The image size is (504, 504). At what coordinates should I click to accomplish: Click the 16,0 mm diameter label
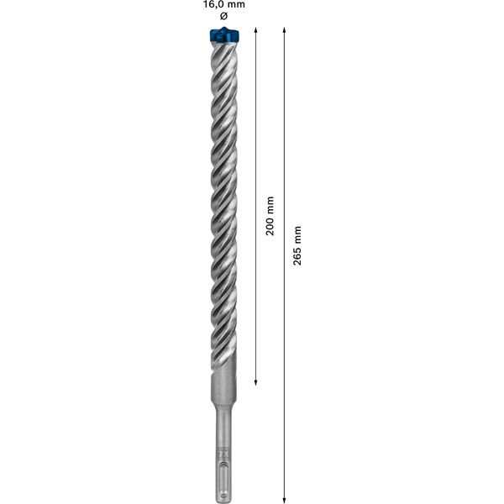click(223, 5)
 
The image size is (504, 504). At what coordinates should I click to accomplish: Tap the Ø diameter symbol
click(223, 18)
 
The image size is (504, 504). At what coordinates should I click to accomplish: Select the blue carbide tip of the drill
click(223, 36)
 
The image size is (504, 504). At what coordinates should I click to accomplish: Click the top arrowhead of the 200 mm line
click(255, 30)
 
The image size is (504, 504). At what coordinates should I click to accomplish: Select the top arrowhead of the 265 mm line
click(285, 30)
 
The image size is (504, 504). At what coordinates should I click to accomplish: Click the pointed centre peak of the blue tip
click(223, 29)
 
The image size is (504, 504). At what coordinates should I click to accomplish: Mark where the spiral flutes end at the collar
click(223, 380)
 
